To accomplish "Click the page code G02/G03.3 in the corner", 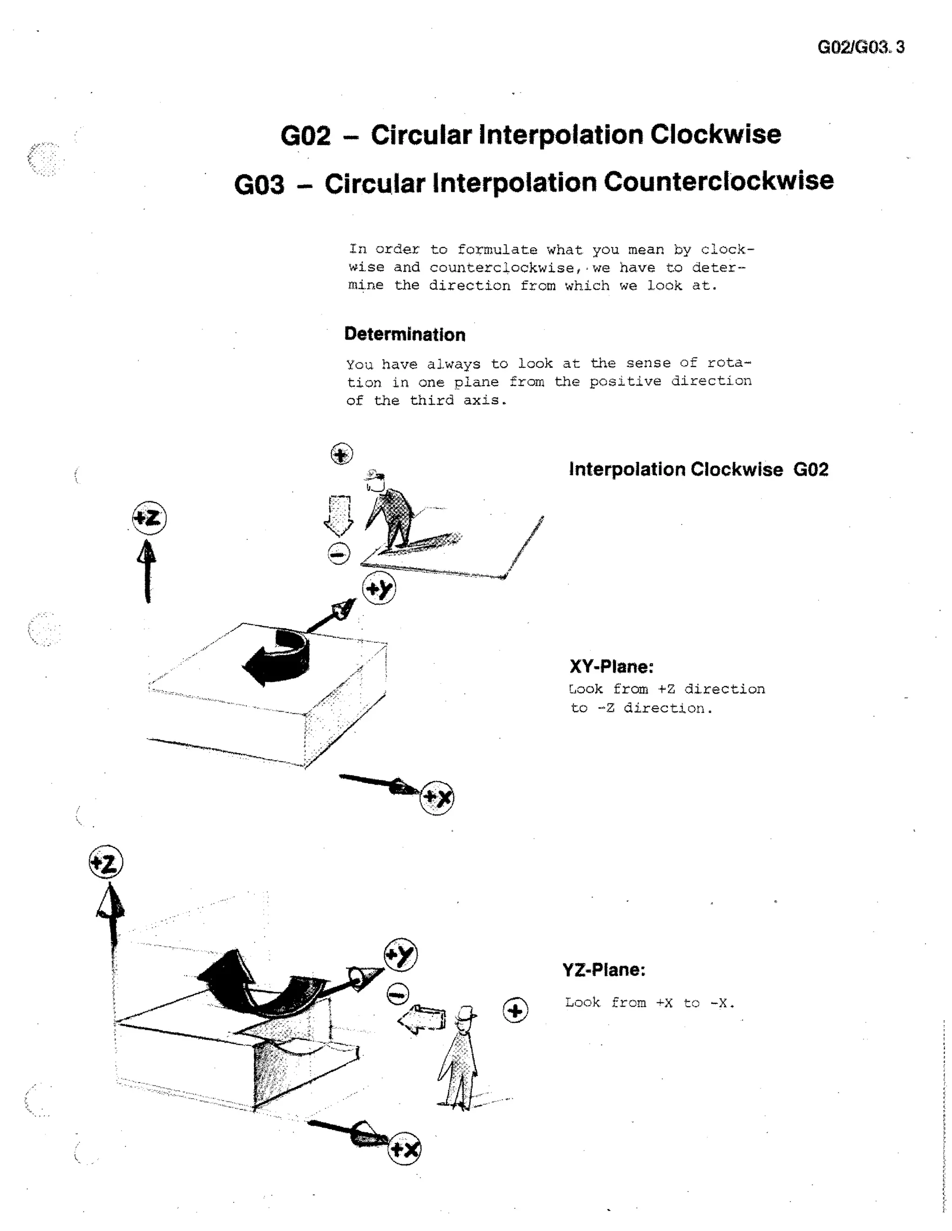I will tap(860, 47).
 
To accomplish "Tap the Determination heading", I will tap(404, 334).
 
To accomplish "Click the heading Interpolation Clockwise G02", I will tap(698, 469).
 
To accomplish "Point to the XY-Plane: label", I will tap(611, 666).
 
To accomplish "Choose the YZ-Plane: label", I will tap(603, 969).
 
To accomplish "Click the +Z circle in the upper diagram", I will tap(149, 517).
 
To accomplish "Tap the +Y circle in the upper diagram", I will tap(378, 589).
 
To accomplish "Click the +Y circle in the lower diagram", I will tap(400, 955).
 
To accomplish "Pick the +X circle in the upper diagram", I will tap(437, 798).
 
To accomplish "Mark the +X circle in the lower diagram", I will tap(404, 1149).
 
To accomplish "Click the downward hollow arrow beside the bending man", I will tap(338, 515).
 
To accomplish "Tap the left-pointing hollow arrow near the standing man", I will tap(422, 1019).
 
